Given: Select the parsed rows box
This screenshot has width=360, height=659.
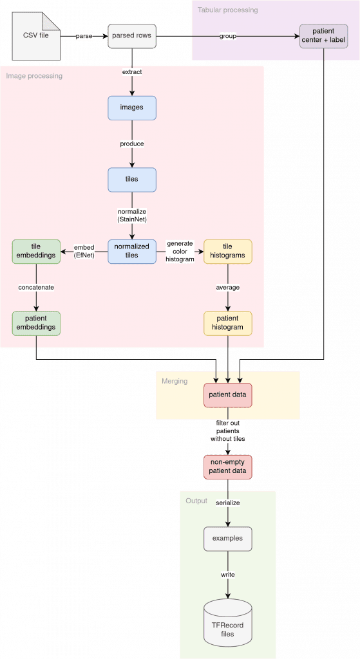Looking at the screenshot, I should (132, 35).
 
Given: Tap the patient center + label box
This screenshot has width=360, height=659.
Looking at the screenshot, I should (324, 35).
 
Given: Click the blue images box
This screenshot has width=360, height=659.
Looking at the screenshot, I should (132, 107).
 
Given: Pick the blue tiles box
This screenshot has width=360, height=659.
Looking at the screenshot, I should (132, 179).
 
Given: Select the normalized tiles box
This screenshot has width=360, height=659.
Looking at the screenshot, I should (132, 251).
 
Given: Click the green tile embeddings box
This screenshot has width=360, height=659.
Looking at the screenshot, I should (35, 251).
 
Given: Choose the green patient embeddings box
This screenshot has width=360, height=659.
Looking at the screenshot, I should (35, 323).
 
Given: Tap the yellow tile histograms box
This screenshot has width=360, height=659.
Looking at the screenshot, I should (228, 251).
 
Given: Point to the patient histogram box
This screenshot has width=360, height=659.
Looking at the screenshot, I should (228, 323).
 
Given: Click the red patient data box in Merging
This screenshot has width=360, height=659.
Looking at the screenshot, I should (227, 394).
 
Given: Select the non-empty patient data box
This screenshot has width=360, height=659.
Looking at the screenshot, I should (227, 467).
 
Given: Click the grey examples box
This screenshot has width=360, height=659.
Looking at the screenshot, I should (227, 538).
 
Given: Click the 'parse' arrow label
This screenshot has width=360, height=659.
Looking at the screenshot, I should (83, 35).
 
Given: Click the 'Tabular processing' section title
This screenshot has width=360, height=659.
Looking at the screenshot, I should (228, 10).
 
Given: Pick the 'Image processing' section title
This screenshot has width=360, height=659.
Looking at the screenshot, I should (34, 77).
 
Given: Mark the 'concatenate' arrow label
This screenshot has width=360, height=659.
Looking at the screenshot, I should (35, 287).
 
